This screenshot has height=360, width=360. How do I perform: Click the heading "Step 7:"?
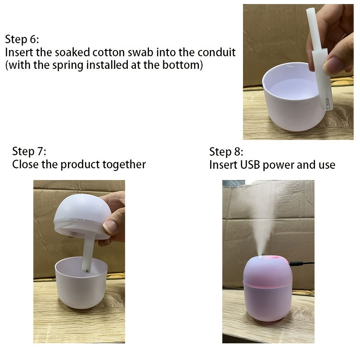pos(29,151)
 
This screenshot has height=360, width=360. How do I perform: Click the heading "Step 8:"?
pos(226,151)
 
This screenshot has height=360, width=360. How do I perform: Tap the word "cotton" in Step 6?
pos(108,52)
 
